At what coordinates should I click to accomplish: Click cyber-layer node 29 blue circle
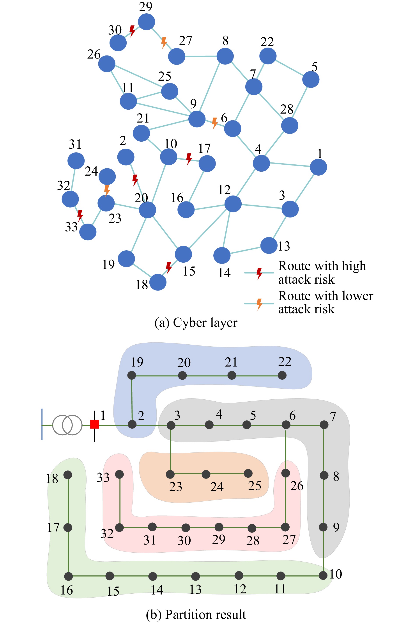coord(146,22)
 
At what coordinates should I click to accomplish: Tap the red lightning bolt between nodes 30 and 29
coord(132,31)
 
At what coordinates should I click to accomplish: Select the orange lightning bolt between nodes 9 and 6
coord(215,123)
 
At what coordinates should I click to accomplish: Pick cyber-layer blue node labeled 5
coord(311,79)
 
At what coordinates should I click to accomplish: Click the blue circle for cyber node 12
coord(233,204)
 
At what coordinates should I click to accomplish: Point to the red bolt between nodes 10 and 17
coord(189,158)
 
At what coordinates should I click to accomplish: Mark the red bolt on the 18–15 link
coord(168,267)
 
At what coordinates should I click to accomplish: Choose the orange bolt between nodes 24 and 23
coord(107,190)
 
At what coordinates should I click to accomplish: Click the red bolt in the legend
coord(260,273)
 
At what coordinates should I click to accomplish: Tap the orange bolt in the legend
coord(260,304)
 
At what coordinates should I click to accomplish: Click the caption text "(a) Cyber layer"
coord(196,323)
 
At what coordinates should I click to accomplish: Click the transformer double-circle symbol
coord(67,425)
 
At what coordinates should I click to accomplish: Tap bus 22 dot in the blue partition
coord(282,375)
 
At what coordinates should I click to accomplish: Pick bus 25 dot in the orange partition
coord(248,473)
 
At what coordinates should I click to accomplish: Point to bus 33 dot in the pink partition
coord(119,474)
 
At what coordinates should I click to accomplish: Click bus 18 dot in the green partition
coord(68,475)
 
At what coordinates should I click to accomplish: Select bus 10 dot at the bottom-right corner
coord(323,575)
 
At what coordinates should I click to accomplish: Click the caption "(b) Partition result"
coord(196,614)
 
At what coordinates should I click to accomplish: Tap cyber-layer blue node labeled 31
coord(76,161)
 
